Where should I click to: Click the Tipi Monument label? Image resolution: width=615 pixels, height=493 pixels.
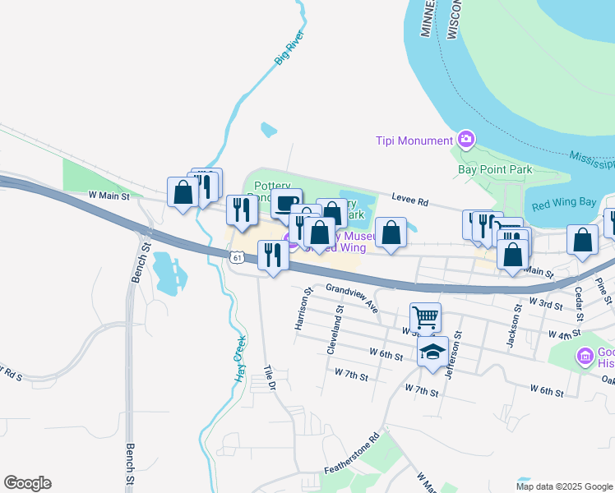(x=414, y=141)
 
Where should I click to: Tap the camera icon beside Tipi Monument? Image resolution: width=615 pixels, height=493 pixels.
(x=466, y=140)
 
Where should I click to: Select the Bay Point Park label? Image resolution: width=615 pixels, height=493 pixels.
(x=495, y=170)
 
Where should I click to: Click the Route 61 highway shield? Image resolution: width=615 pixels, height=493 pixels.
(x=237, y=258)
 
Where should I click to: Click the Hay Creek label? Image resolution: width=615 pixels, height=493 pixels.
(x=240, y=360)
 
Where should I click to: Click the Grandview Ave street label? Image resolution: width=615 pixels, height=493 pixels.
(x=351, y=297)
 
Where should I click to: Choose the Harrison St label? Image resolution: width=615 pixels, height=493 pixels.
(x=303, y=309)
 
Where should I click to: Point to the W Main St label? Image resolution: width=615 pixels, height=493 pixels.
(x=109, y=196)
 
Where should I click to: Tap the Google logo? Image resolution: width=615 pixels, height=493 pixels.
(x=27, y=483)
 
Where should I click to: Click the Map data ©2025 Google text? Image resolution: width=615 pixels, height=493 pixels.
(x=563, y=486)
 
